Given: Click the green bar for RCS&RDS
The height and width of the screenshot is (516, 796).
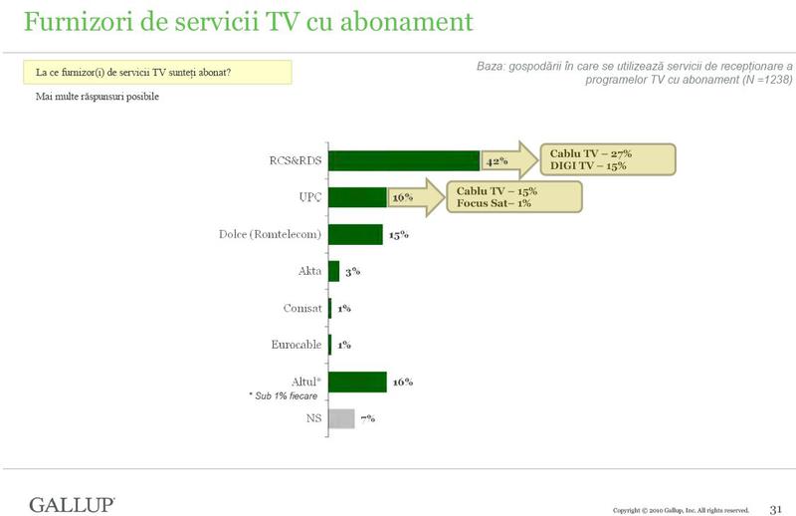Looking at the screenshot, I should click(404, 161).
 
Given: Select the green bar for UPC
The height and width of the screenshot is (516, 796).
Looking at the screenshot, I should click(357, 197).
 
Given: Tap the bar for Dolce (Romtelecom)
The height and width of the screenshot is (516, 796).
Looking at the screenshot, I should click(355, 234).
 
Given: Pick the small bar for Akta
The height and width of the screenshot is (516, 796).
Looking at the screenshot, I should click(333, 271).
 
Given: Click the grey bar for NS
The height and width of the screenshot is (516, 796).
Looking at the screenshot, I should click(341, 418).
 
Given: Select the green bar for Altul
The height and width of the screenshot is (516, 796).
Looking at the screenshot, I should click(357, 382).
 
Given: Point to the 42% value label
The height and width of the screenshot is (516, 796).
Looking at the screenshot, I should click(497, 161).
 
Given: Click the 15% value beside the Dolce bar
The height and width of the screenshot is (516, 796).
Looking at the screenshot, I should click(398, 235).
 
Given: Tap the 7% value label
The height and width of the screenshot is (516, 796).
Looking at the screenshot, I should click(367, 418).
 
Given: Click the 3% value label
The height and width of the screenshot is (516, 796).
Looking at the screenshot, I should click(352, 272).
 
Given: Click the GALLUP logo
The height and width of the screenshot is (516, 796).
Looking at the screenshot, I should click(72, 503).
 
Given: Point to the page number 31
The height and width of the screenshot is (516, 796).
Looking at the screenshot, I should click(777, 508).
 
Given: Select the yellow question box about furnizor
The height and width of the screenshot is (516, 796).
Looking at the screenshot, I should click(157, 72).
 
